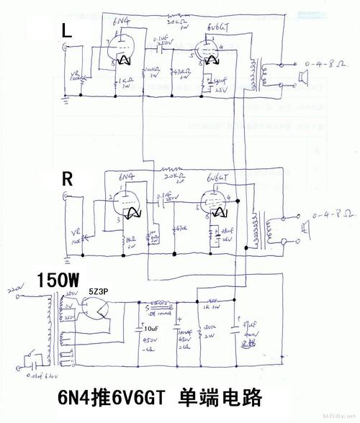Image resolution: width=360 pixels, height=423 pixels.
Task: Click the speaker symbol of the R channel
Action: (x=306, y=229)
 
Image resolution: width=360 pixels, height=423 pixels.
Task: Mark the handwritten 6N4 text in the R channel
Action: (x=125, y=177)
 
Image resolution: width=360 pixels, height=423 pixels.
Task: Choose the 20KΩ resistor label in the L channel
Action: (x=175, y=24)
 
